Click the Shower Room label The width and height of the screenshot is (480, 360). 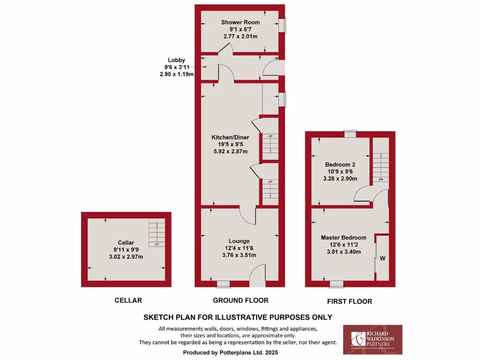point(240,22)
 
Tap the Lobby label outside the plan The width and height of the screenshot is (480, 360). point(177,60)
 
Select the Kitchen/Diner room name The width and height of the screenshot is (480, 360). point(230,137)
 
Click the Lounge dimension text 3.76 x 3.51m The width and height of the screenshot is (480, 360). point(240,255)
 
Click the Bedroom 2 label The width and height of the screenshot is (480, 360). point(341,165)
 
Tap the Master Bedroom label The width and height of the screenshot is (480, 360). point(344,238)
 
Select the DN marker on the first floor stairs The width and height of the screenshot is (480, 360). point(381,179)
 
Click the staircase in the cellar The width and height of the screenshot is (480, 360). point(157,232)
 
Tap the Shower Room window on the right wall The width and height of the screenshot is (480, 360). point(283,25)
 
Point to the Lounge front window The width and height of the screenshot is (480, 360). point(224,284)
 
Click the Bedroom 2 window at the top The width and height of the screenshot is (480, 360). point(349,134)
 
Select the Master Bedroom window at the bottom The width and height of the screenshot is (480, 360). point(336,284)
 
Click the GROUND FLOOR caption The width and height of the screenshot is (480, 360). point(240,300)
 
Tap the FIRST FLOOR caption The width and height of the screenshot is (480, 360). point(349,301)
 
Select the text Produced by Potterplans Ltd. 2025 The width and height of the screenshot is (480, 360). point(237,352)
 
